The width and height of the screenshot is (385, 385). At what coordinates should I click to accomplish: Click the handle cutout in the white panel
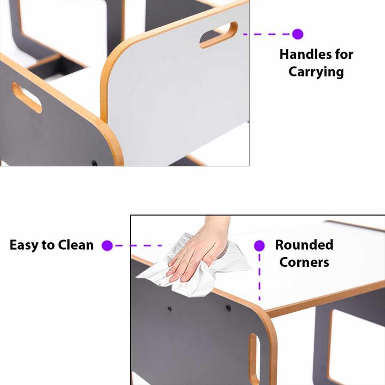point(219,35)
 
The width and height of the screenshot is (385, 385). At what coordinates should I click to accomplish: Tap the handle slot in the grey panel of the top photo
point(27,97)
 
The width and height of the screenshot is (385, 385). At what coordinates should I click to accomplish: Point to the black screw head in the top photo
point(94,163)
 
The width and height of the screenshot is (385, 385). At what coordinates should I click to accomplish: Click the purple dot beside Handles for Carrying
point(298,34)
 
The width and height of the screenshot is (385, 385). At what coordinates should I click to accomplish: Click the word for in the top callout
point(344,54)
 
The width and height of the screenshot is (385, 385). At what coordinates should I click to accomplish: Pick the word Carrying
point(316,72)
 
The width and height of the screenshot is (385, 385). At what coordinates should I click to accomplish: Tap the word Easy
point(24,245)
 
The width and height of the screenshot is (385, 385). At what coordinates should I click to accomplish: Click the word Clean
point(76,245)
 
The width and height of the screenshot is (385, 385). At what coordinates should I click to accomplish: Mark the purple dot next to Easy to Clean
point(107,245)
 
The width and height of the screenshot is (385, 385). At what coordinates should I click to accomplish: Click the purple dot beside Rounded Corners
point(259,245)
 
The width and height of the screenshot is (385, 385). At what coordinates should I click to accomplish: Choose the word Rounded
point(304,245)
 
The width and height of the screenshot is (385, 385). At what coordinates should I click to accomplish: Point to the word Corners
point(304,262)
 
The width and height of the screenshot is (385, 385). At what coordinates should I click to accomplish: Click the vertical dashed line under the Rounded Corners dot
point(259,277)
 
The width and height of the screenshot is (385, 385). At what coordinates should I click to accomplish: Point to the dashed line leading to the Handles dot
point(267,34)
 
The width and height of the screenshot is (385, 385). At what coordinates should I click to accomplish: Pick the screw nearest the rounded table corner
point(228,307)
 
